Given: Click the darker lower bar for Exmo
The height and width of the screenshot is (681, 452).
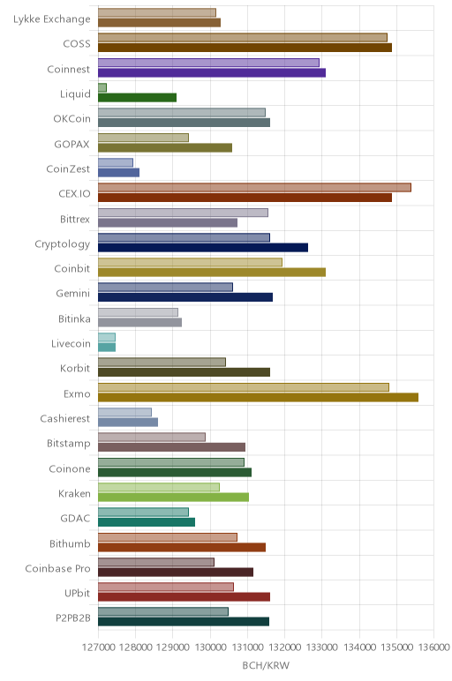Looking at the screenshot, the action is [x=258, y=397].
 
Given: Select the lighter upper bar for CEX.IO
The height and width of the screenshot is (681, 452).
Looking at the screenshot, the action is [x=254, y=188].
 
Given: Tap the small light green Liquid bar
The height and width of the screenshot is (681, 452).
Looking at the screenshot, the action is [x=102, y=87].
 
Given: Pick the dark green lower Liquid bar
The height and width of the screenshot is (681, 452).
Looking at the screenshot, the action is [x=138, y=98].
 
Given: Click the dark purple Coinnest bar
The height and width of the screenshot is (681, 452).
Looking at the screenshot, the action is [x=212, y=72].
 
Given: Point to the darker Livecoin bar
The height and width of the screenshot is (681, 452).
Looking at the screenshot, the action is [x=107, y=348].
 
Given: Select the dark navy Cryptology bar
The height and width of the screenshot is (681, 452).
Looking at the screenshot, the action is [x=203, y=248].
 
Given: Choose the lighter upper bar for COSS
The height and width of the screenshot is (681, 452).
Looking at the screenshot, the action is [x=243, y=37].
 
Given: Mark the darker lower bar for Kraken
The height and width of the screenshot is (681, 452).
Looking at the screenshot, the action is [x=173, y=498].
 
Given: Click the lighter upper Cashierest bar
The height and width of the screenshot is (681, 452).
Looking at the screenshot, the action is [x=124, y=412].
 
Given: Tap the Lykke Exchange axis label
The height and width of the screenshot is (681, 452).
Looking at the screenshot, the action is [x=52, y=19].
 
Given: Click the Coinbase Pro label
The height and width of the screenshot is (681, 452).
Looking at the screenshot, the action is [x=57, y=568].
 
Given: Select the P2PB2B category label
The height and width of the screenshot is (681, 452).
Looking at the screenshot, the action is [x=73, y=618].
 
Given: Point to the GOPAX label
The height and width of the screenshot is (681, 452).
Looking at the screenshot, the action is [x=72, y=144].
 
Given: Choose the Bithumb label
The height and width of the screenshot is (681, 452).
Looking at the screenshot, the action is [x=70, y=543].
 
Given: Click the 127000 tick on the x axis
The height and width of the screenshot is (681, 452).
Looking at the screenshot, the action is [x=98, y=647].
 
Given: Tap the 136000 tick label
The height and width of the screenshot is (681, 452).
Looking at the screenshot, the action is [x=433, y=647].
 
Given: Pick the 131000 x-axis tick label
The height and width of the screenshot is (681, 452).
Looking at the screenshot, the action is [x=247, y=647].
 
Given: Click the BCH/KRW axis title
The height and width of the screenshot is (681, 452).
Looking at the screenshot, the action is [x=266, y=665].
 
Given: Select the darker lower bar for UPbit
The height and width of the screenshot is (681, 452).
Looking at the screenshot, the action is [x=184, y=596].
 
